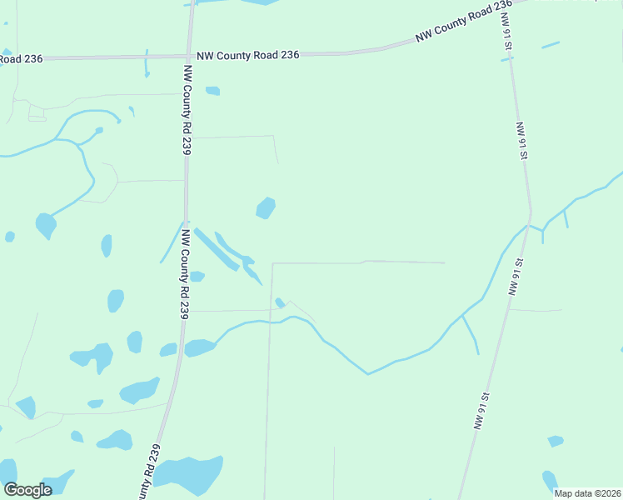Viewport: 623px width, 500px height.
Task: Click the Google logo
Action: pyautogui.click(x=27, y=490)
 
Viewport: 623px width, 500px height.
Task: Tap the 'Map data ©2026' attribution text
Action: pyautogui.click(x=587, y=493)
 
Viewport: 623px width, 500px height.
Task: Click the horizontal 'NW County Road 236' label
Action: pyautogui.click(x=248, y=53)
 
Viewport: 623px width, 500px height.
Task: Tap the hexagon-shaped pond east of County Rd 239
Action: pyautogui.click(x=266, y=207)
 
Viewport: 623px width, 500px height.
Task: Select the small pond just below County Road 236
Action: pyautogui.click(x=212, y=91)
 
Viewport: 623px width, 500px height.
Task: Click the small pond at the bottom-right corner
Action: pyautogui.click(x=550, y=481)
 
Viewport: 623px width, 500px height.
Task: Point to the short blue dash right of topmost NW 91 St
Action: pyautogui.click(x=551, y=44)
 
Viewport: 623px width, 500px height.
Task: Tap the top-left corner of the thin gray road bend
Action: pyautogui.click(x=273, y=263)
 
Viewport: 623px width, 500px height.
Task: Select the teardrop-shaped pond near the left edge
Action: pyautogui.click(x=46, y=224)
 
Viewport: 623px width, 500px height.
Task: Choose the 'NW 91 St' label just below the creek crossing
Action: pyautogui.click(x=516, y=277)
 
